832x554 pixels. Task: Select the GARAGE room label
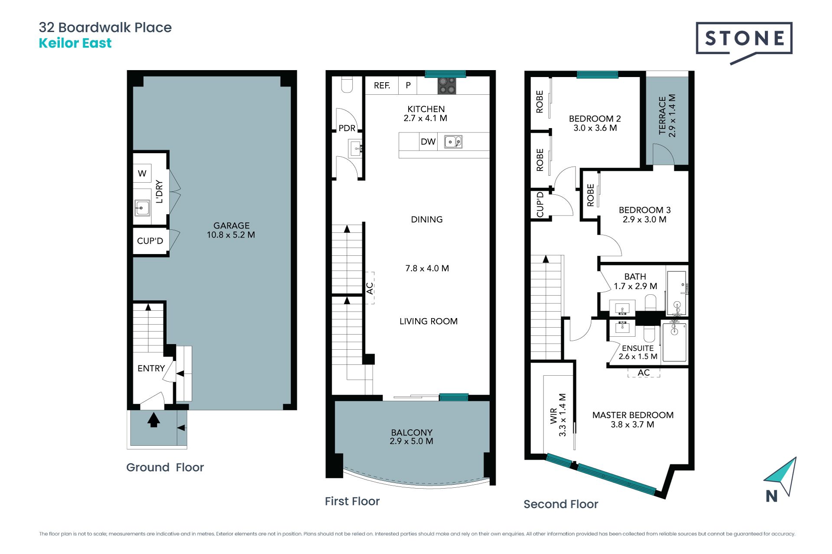[231, 225]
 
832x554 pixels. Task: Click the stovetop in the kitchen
[447, 85]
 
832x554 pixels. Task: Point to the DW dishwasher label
[428, 142]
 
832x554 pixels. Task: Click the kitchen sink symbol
[453, 142]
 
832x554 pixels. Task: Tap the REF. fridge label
[382, 86]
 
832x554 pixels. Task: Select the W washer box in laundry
[142, 174]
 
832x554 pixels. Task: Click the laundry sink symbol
[142, 208]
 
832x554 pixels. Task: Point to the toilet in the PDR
[347, 84]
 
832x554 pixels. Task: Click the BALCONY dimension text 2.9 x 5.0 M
[411, 441]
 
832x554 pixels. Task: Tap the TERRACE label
[662, 116]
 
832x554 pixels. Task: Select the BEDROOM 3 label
[644, 210]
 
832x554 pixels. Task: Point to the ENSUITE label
[637, 348]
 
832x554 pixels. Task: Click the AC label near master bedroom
[643, 373]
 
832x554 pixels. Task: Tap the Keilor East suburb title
[75, 43]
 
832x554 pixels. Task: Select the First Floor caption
[352, 501]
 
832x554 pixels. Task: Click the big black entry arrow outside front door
[153, 420]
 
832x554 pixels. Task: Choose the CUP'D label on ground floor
[150, 241]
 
